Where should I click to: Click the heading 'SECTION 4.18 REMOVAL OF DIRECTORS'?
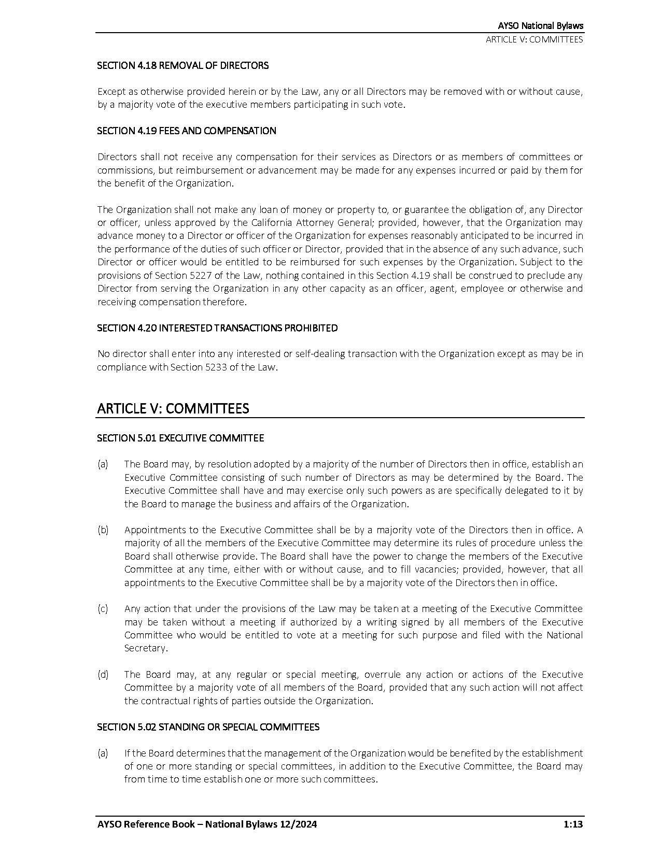(182, 66)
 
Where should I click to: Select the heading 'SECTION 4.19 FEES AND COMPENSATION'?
(186, 131)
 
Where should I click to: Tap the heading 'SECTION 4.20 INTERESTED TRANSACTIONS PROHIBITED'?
(217, 328)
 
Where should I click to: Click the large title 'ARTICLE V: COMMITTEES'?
(173, 408)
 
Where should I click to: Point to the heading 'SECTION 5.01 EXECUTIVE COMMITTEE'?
(180, 438)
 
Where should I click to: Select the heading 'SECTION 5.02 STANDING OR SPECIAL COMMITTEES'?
(208, 727)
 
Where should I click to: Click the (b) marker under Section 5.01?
(103, 530)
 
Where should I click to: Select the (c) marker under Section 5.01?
(103, 609)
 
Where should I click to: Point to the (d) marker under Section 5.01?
(103, 675)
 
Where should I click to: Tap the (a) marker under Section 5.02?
(103, 753)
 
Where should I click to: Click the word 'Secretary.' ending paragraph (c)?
(146, 648)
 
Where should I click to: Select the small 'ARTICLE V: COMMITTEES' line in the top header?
(534, 40)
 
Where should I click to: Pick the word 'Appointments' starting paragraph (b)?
(150, 530)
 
